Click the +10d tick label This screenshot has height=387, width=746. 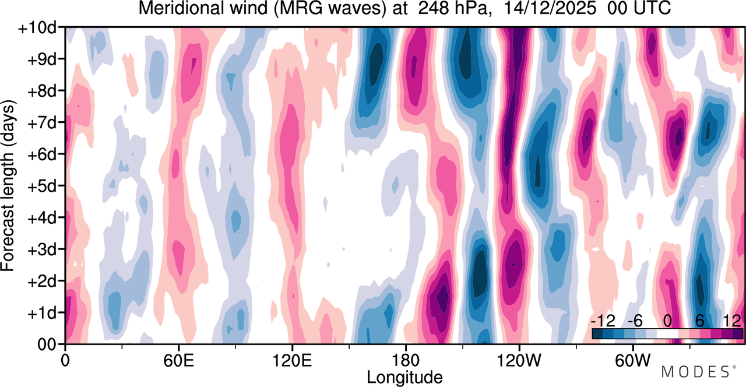click(x=37, y=28)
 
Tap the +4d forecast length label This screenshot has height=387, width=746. click(x=42, y=219)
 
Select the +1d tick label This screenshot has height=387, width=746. click(x=42, y=314)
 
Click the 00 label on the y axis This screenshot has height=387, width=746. click(x=47, y=344)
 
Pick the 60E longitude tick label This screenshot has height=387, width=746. click(x=179, y=361)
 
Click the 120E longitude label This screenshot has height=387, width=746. click(x=292, y=361)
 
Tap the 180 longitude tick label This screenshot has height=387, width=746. click(x=406, y=361)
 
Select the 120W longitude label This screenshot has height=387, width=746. click(x=519, y=361)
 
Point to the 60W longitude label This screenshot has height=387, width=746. click(x=632, y=361)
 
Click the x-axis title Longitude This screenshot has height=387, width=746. click(x=404, y=378)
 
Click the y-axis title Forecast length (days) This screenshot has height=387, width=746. click(x=8, y=185)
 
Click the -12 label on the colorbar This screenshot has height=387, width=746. click(x=603, y=321)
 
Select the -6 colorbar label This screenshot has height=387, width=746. click(x=635, y=321)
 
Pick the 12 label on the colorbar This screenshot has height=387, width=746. click(x=732, y=321)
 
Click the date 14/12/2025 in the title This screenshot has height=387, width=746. click(x=550, y=8)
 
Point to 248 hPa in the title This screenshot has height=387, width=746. click(x=454, y=8)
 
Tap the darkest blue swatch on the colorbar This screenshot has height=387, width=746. click(x=597, y=334)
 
